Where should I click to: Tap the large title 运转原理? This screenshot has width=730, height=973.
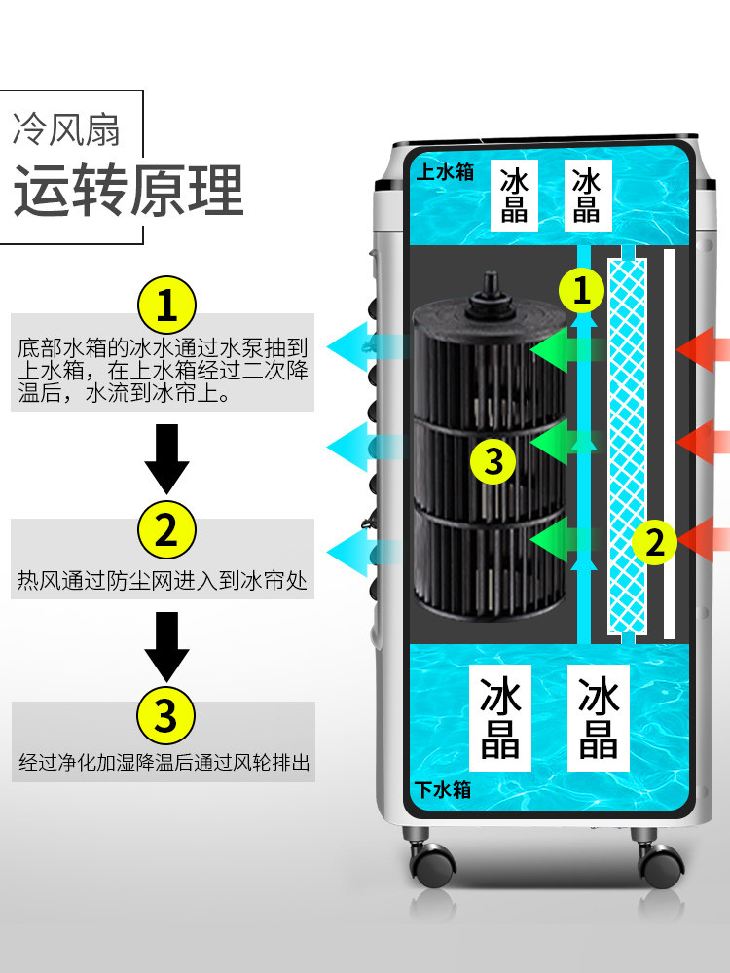(x=128, y=190)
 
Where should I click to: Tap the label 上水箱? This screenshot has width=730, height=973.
(x=444, y=172)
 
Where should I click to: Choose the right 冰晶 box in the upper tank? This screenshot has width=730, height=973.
(x=586, y=195)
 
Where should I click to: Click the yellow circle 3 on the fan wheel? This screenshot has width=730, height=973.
(x=494, y=460)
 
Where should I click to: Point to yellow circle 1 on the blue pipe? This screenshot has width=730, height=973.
(x=582, y=289)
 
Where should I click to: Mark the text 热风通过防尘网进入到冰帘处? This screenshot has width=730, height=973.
(x=162, y=581)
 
